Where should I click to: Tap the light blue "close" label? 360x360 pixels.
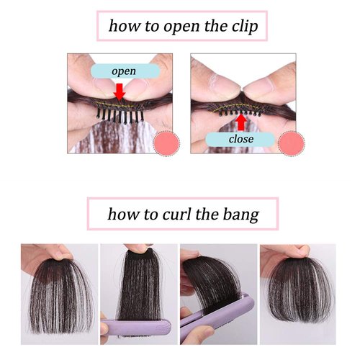(240, 139)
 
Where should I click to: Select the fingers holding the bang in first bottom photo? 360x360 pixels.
(54, 251)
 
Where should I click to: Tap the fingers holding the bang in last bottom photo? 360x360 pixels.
(277, 253)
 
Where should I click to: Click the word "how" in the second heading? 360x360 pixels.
(123, 214)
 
